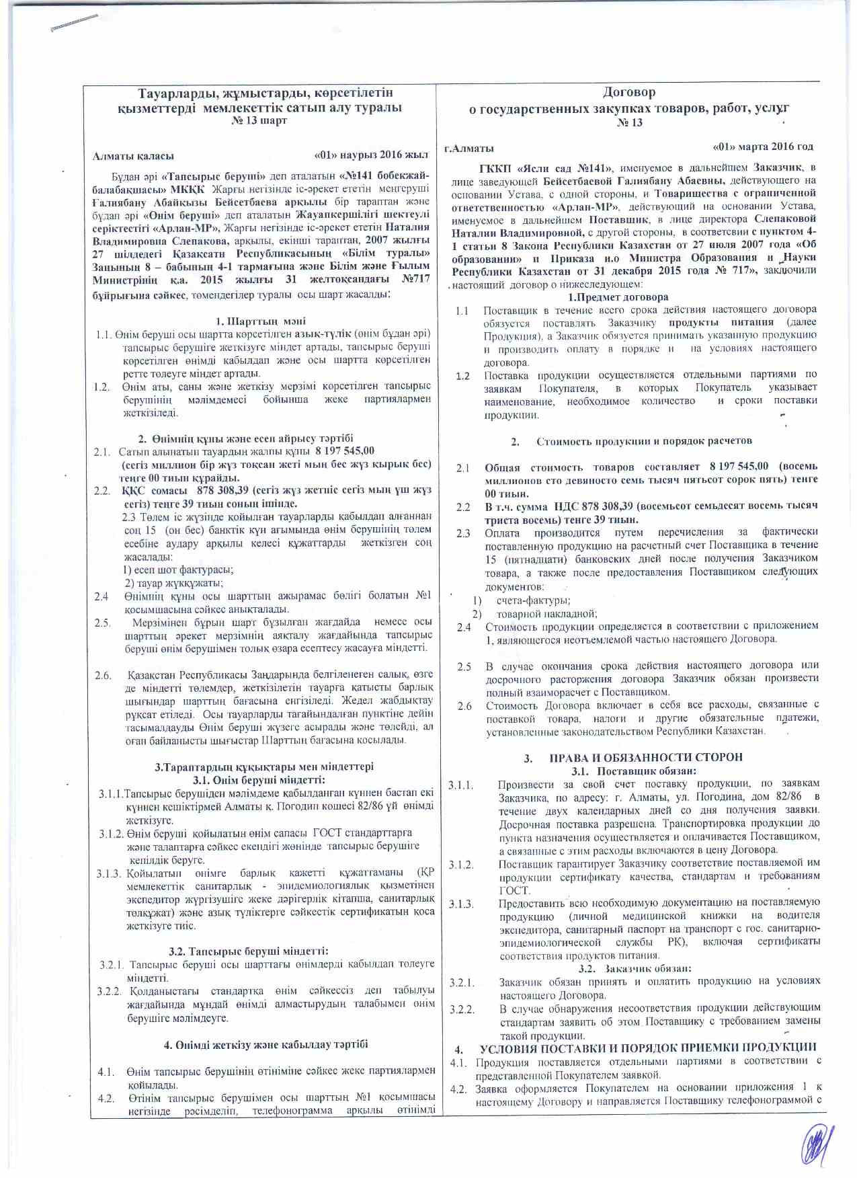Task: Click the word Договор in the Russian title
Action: point(628,92)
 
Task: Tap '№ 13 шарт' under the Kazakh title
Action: point(259,121)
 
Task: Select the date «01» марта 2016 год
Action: point(762,147)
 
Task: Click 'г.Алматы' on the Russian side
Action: point(469,148)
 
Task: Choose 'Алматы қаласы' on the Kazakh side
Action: point(133,156)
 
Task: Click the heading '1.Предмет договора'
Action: point(618,297)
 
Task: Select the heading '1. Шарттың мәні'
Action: point(261,321)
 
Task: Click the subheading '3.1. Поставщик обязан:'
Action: point(633,771)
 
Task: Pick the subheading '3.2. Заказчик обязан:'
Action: point(635,968)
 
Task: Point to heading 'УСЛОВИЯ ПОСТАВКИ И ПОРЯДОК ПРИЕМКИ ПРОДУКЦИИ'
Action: point(648,1048)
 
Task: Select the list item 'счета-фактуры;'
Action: point(533,600)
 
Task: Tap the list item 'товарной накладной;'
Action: point(546,614)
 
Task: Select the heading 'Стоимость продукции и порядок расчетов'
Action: point(643,441)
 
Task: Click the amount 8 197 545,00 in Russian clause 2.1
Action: point(739,466)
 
